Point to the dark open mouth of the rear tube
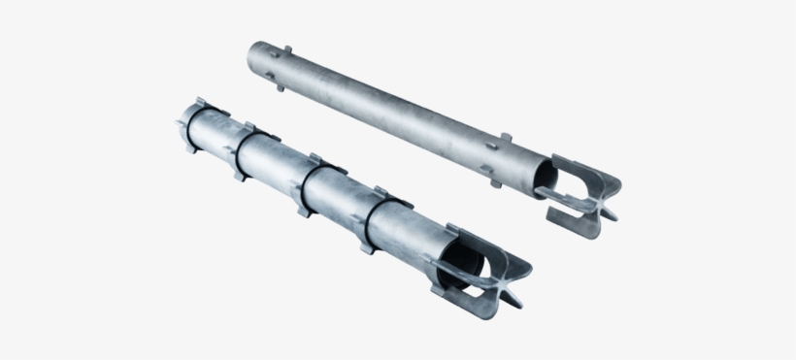click(x=547, y=179)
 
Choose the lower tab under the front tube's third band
click(x=303, y=208)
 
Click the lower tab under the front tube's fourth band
click(x=366, y=245)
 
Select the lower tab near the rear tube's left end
click(x=281, y=86)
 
